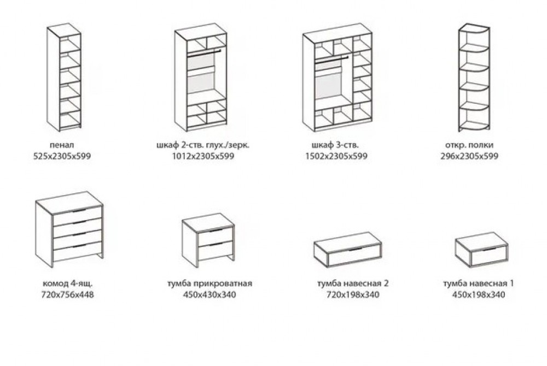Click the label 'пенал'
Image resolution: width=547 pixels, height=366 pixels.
(62, 145)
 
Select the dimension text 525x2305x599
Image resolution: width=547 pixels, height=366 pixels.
(62, 156)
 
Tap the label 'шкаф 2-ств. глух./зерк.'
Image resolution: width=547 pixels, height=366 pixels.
(203, 145)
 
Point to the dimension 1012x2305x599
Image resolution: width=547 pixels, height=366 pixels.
(203, 156)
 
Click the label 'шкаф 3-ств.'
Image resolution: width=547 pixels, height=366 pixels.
(335, 145)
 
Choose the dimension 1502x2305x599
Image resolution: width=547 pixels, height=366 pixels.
(336, 156)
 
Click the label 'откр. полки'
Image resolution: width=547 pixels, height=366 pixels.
(469, 145)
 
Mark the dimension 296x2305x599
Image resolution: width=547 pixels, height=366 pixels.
(469, 156)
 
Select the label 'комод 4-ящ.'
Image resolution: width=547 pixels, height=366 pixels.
(68, 284)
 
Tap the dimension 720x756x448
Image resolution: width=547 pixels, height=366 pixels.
(68, 295)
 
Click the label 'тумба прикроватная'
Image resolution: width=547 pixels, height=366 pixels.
(210, 284)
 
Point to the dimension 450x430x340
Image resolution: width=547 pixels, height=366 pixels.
(210, 295)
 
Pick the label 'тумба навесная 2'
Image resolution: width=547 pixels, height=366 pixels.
(353, 284)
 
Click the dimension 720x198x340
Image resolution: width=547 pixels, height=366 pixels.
(353, 295)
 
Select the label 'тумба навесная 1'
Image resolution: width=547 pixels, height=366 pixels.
(478, 284)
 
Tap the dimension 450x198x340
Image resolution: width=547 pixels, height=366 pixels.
(478, 295)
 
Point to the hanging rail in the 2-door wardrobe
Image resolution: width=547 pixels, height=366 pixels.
(203, 52)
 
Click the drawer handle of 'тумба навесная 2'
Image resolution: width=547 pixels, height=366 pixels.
(356, 249)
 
